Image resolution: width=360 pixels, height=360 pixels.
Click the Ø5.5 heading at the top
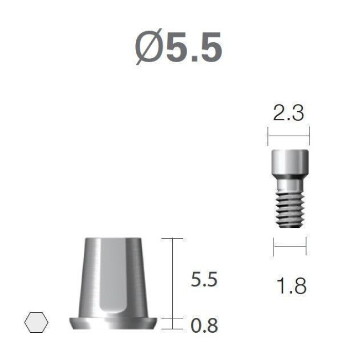[178, 47]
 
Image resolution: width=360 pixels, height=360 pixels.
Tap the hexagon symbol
[37, 322]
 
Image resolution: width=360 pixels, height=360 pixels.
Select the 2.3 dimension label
[289, 113]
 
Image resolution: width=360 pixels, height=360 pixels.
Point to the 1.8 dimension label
[292, 286]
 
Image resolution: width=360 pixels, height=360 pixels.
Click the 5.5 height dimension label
[204, 279]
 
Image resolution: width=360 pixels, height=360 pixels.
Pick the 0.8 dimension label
[204, 326]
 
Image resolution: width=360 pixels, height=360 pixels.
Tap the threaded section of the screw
[290, 209]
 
